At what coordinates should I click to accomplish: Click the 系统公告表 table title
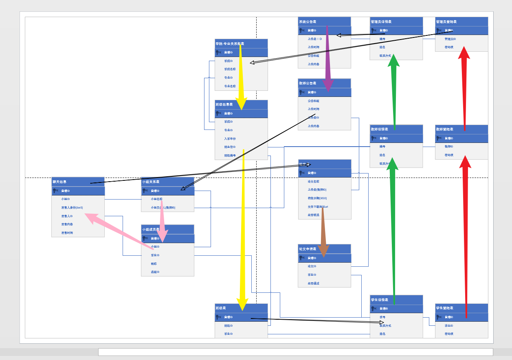click(x=308, y=22)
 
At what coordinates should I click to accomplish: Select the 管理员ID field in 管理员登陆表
click(x=450, y=39)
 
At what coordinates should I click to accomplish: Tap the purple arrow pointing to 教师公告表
click(x=327, y=61)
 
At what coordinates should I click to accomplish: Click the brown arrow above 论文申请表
click(x=323, y=232)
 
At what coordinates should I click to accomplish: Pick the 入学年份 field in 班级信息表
click(x=230, y=138)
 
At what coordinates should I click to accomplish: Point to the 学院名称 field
click(x=230, y=69)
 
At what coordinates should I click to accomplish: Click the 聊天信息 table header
click(x=59, y=182)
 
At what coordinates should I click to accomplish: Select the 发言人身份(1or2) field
click(x=72, y=208)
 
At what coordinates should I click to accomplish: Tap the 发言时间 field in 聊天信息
click(x=67, y=233)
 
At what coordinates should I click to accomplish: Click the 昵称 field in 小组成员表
click(x=154, y=263)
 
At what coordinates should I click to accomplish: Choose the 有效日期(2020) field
click(x=317, y=198)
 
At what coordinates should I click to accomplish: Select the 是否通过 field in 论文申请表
click(x=314, y=283)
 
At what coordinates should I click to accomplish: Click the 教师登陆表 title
click(x=444, y=129)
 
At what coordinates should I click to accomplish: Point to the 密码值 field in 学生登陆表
click(x=449, y=334)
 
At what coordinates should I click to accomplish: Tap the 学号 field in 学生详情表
click(x=382, y=317)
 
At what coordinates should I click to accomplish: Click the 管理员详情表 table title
click(x=381, y=22)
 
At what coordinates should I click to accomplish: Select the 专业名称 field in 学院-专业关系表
click(x=230, y=86)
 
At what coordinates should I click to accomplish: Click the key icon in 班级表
click(x=218, y=317)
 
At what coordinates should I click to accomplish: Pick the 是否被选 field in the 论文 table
click(x=314, y=215)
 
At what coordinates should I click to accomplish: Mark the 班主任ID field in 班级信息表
click(x=230, y=147)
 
